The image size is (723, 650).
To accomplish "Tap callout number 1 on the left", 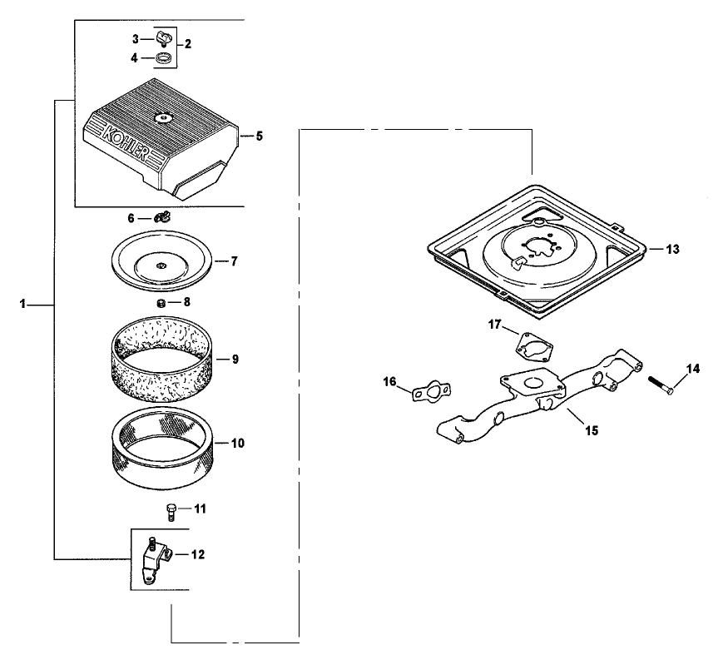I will pyautogui.click(x=22, y=305).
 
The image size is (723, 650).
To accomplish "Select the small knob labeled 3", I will pyautogui.click(x=161, y=39).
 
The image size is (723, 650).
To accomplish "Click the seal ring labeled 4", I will pyautogui.click(x=163, y=58).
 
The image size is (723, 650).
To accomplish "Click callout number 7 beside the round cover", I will pyautogui.click(x=235, y=261).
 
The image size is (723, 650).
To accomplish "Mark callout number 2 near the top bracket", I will pyautogui.click(x=188, y=44).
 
